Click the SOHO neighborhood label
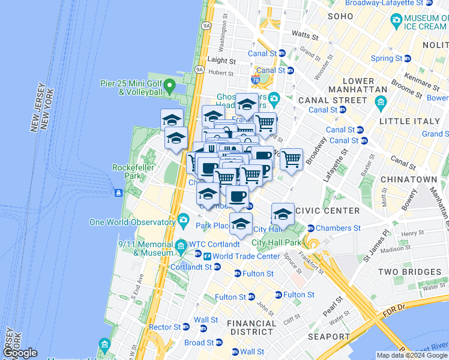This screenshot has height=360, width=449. pos(339,16)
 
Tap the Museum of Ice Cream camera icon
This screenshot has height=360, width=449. pos(396,20)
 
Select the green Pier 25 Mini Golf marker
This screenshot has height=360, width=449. pos(170,87)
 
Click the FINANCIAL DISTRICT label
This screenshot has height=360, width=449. pos(252,328)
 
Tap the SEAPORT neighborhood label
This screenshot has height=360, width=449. pos(328,337)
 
